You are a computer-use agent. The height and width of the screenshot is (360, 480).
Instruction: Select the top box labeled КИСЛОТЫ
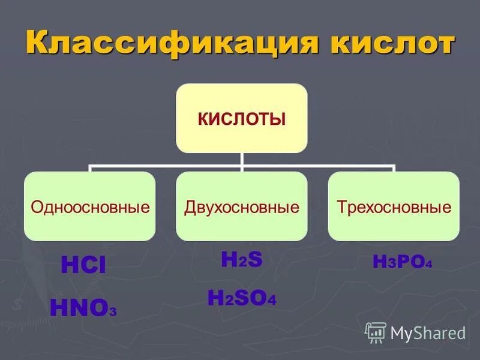pyautogui.click(x=241, y=118)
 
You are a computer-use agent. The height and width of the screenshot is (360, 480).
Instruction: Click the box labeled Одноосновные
pyautogui.click(x=90, y=207)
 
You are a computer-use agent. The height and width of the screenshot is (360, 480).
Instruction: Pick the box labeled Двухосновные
pyautogui.click(x=241, y=207)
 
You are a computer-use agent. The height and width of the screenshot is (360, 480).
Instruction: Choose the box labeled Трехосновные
pyautogui.click(x=394, y=207)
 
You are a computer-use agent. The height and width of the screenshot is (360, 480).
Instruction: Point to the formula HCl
pyautogui.click(x=83, y=266)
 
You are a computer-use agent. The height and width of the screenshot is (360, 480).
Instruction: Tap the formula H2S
pyautogui.click(x=242, y=259)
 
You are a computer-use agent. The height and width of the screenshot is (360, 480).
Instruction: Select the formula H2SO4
pyautogui.click(x=242, y=298)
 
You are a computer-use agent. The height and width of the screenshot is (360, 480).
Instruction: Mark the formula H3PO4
pyautogui.click(x=402, y=262)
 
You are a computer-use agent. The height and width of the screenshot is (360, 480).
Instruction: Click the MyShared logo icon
pyautogui.click(x=376, y=332)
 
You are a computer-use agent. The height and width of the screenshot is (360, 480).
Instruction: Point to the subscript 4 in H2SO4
pyautogui.click(x=272, y=301)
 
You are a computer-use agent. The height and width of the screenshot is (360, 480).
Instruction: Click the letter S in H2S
pyautogui.click(x=255, y=259)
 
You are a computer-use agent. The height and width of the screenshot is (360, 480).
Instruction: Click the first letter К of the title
pyautogui.click(x=38, y=44)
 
